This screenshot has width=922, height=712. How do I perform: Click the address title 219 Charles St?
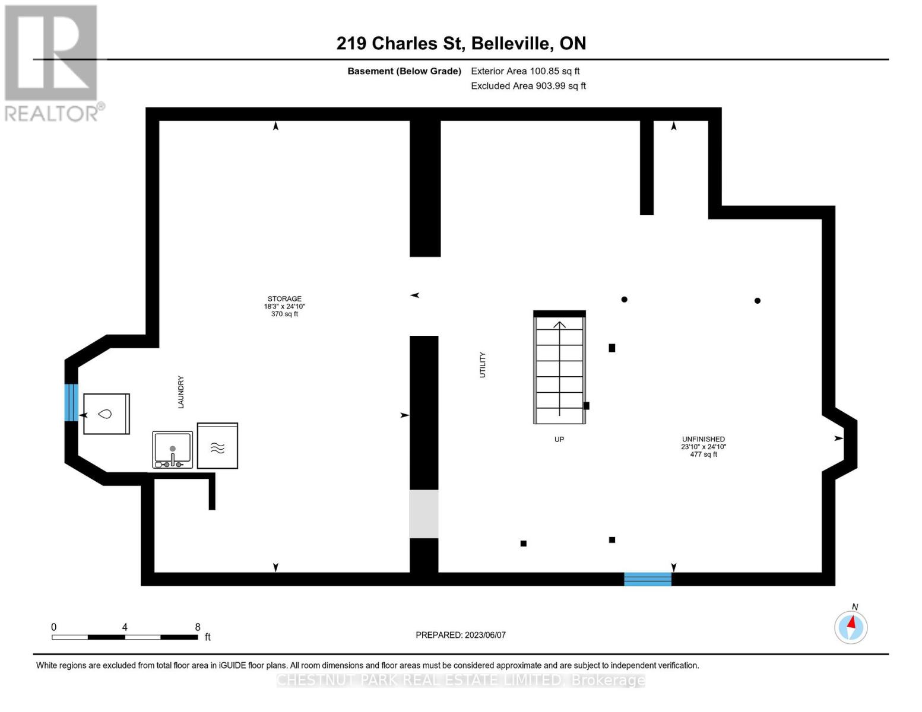pyautogui.click(x=461, y=43)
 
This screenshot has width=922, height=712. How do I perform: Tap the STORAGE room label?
pyautogui.click(x=284, y=299)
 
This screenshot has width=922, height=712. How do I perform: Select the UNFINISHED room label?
pyautogui.click(x=703, y=439)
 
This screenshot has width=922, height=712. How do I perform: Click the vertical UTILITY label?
pyautogui.click(x=482, y=365)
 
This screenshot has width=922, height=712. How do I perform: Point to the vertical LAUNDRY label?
pyautogui.click(x=181, y=392)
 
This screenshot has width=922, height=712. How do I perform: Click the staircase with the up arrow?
pyautogui.click(x=559, y=368)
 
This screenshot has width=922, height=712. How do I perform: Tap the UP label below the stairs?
pyautogui.click(x=559, y=440)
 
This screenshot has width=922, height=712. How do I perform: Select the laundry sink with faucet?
pyautogui.click(x=173, y=450)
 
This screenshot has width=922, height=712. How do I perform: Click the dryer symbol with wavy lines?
pyautogui.click(x=217, y=446)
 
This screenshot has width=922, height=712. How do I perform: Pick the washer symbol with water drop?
pyautogui.click(x=106, y=414)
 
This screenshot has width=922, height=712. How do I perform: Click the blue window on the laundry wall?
pyautogui.click(x=71, y=402)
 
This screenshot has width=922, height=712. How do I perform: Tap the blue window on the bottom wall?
pyautogui.click(x=648, y=579)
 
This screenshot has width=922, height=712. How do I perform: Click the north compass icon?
pyautogui.click(x=851, y=627)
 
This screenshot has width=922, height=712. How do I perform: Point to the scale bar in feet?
pyautogui.click(x=125, y=637)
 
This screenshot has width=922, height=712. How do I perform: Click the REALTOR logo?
pyautogui.click(x=52, y=62)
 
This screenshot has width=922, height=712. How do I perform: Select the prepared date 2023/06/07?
pyautogui.click(x=461, y=635)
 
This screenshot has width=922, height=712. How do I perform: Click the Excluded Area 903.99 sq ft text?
pyautogui.click(x=528, y=86)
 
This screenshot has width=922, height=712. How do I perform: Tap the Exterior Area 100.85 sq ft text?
pyautogui.click(x=525, y=71)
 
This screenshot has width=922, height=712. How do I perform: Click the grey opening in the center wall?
pyautogui.click(x=424, y=514)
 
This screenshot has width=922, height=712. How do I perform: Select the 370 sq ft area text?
pyautogui.click(x=284, y=314)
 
